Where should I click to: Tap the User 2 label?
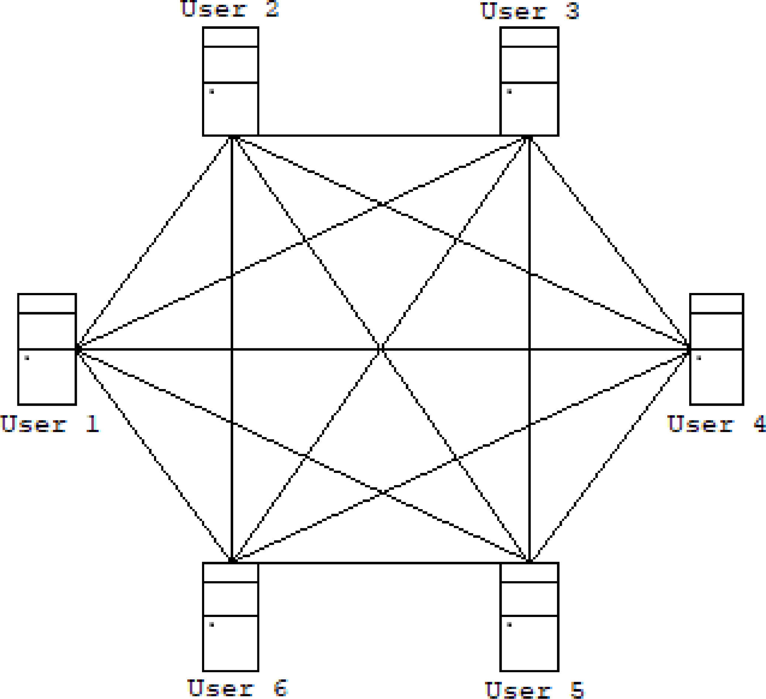point(230,10)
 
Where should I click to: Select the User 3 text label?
point(530,11)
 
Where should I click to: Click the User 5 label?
point(534,690)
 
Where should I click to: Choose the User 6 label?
point(237,688)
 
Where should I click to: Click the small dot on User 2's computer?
point(212,91)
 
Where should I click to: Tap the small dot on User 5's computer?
point(509,624)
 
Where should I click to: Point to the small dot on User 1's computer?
point(27,358)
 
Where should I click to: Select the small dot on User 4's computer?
point(698,358)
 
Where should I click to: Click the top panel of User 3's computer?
point(529,37)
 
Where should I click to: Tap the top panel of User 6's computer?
point(230,572)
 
